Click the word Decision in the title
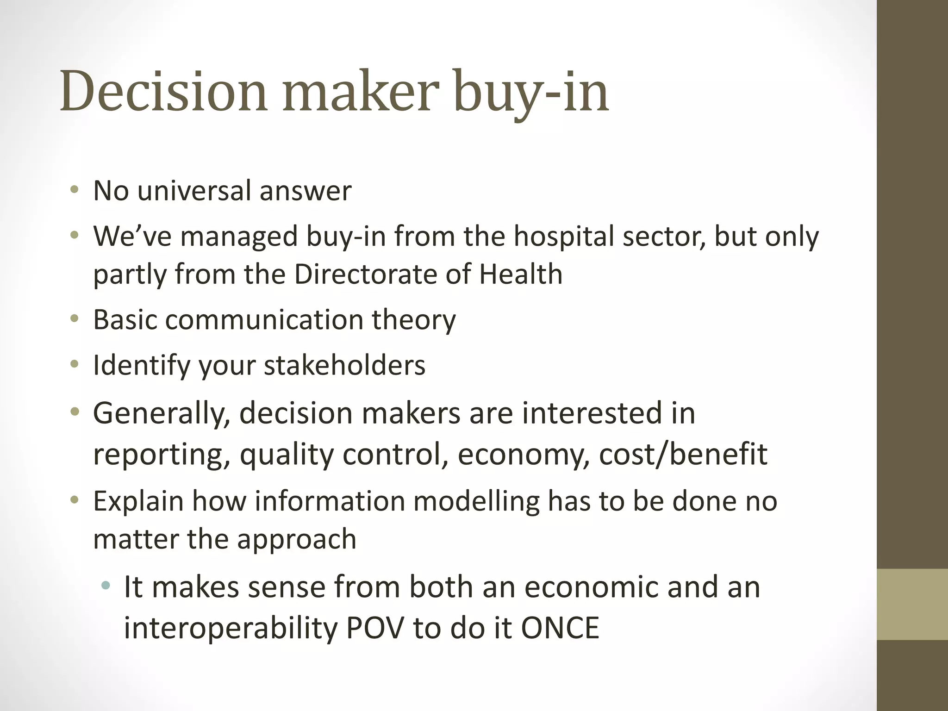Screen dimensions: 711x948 pyautogui.click(x=163, y=91)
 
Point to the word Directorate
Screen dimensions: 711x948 pyautogui.click(x=365, y=274)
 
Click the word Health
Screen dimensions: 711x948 pyautogui.click(x=520, y=274)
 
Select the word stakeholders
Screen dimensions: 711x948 pyautogui.click(x=344, y=365)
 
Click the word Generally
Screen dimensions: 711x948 pyautogui.click(x=162, y=413)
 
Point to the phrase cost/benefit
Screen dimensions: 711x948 pyautogui.click(x=683, y=454)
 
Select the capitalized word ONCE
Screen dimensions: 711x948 pyautogui.click(x=560, y=628)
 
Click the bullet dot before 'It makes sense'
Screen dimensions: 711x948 pyautogui.click(x=106, y=586)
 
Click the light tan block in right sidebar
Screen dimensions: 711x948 pyautogui.click(x=912, y=604)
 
